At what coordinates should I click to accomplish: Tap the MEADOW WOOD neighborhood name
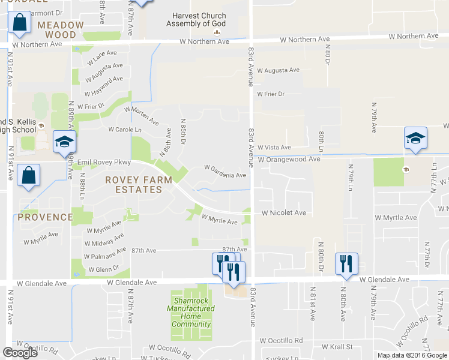click(x=61, y=29)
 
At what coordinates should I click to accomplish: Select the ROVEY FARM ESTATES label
click(x=138, y=184)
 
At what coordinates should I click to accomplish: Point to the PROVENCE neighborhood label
click(x=45, y=217)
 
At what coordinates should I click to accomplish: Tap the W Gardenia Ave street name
click(x=225, y=175)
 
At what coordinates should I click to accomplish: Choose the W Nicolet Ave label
click(x=283, y=213)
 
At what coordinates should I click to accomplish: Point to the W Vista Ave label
click(x=274, y=148)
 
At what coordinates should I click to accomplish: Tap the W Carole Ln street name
click(x=125, y=130)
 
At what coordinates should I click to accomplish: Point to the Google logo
click(x=20, y=353)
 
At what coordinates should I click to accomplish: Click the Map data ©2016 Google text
click(x=412, y=355)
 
